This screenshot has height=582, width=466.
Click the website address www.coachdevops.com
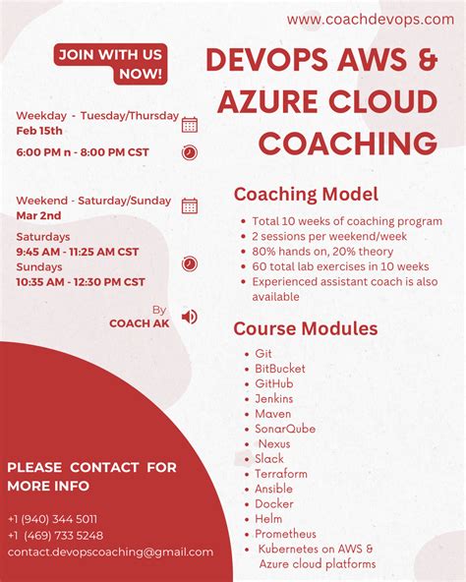(x=369, y=20)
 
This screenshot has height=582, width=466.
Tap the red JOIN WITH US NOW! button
(x=110, y=64)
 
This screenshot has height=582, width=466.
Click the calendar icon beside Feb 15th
(x=190, y=124)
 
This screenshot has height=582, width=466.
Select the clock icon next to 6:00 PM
(x=190, y=152)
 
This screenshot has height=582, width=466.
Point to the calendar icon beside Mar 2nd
(x=190, y=205)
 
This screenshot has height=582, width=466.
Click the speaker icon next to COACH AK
(x=190, y=317)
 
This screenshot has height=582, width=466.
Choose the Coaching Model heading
(x=306, y=195)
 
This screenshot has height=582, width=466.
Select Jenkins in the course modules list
(x=273, y=399)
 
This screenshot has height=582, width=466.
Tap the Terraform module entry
(x=281, y=474)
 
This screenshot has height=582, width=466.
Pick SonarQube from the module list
(x=285, y=429)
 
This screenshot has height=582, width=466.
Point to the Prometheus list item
(x=285, y=534)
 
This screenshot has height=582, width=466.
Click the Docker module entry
(x=274, y=503)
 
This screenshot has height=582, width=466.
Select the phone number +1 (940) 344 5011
(x=52, y=518)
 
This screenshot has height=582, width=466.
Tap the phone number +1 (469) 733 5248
(x=55, y=536)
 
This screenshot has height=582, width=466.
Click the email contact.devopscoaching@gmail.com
(x=110, y=553)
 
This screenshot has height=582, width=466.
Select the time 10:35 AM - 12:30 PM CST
(x=80, y=282)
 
